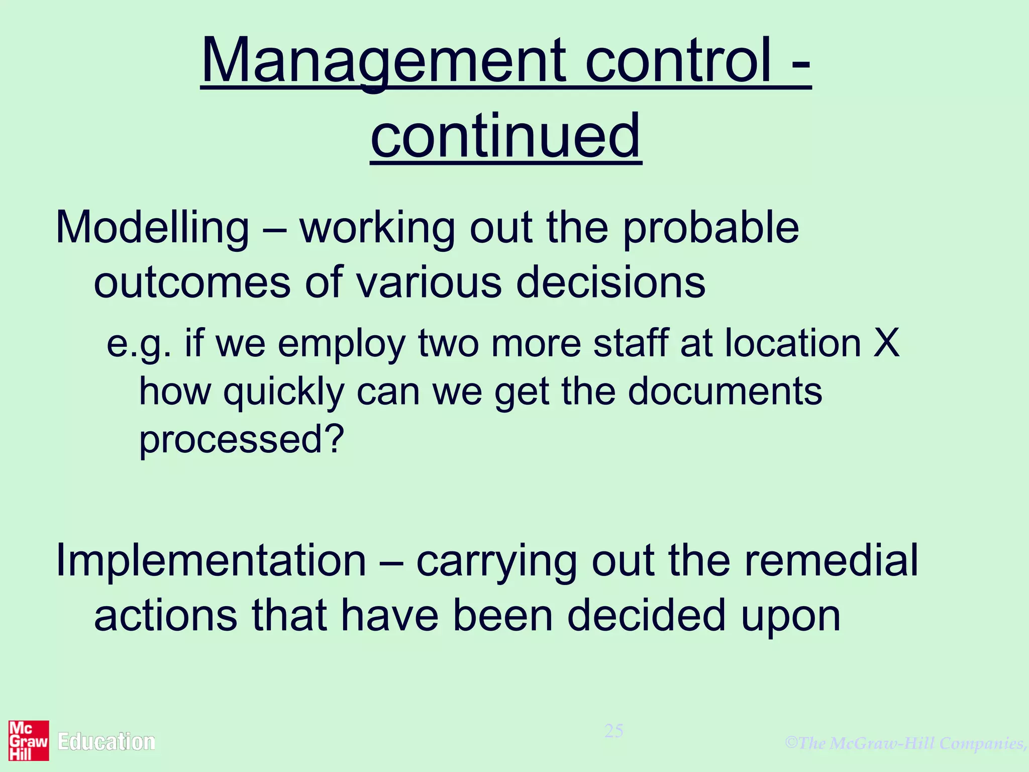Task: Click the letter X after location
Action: [886, 343]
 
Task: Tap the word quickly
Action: [284, 392]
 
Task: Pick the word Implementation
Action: [211, 560]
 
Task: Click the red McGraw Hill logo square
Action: [29, 741]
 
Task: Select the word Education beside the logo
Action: [107, 742]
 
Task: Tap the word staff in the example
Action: [630, 343]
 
